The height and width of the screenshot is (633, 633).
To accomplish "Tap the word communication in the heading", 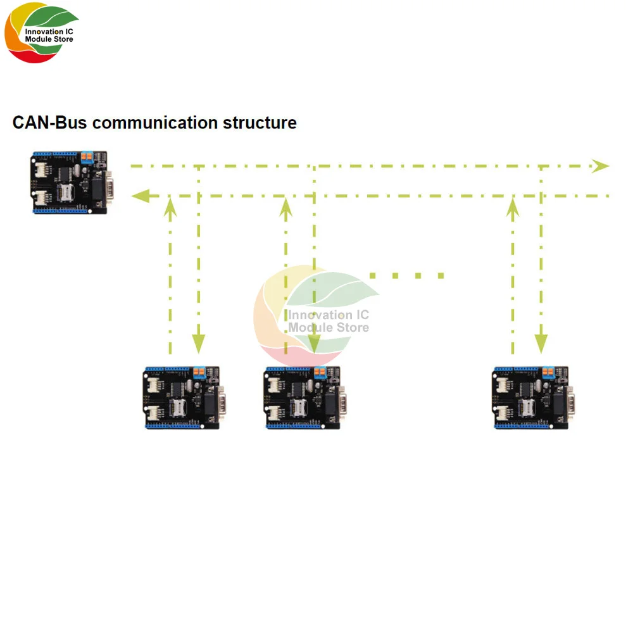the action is [154, 122].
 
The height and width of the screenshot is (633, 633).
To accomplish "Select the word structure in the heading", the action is [260, 122].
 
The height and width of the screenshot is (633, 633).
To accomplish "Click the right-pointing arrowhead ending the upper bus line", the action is [599, 166].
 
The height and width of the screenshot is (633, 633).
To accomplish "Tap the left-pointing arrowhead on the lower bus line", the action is [140, 196].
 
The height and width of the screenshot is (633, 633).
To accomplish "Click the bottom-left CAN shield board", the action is [182, 398].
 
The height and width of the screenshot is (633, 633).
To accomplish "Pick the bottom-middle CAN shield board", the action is [302, 398].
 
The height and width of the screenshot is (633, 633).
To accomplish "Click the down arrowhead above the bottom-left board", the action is [199, 344].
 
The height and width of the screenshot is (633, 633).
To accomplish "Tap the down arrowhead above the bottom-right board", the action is [541, 344].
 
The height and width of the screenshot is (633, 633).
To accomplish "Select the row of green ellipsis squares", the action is [406, 275].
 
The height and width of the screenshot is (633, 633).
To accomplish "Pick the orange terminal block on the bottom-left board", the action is [199, 372].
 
